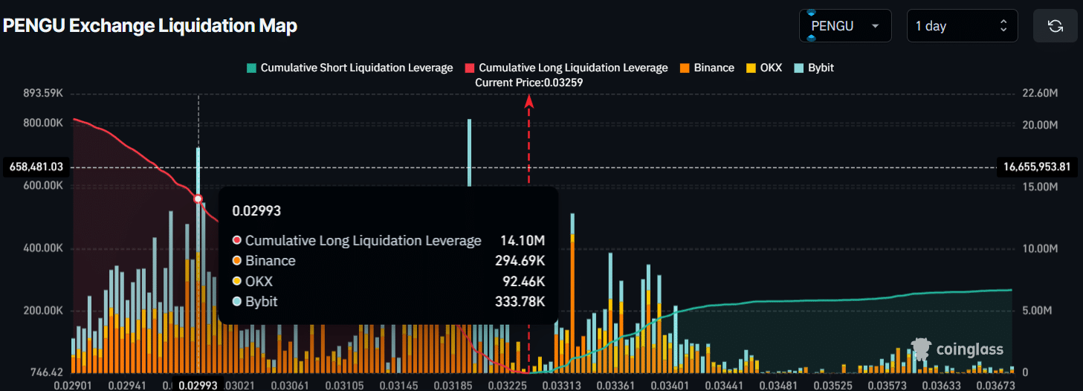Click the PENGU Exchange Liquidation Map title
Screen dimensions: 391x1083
150,26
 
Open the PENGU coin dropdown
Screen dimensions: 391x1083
845,26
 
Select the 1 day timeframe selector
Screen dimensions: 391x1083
961,26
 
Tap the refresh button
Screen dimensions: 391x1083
1055,26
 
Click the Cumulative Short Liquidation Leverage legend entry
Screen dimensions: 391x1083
349,68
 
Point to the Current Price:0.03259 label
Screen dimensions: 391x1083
528,83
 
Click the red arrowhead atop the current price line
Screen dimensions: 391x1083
529,102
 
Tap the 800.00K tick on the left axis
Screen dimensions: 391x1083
42,123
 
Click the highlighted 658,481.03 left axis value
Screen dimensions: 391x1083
36,167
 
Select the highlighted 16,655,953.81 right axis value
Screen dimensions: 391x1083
1037,167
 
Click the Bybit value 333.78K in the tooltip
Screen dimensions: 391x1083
520,301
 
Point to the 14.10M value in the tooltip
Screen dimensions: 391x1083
523,241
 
